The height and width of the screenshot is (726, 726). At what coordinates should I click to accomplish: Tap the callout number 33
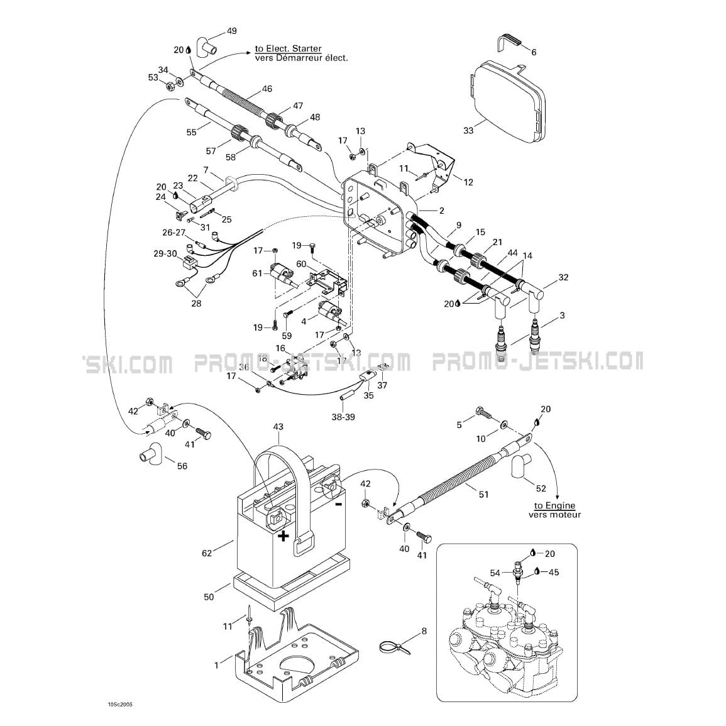pos(468,130)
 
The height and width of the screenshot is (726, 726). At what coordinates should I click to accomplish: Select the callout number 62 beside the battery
pos(207,554)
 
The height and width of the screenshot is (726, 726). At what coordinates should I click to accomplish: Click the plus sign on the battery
pos(284,536)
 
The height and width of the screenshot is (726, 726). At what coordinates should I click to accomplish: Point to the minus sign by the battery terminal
pos(338,503)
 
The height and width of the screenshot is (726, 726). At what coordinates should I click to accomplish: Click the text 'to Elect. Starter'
pos(289,48)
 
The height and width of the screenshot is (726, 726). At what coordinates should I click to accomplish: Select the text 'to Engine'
pos(554,505)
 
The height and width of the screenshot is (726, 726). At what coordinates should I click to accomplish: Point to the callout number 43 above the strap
pos(278,427)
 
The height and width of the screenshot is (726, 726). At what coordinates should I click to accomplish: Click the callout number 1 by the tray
pos(217,664)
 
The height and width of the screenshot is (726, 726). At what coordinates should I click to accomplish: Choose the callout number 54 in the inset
pos(495,573)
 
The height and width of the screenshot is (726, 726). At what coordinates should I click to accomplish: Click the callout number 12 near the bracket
pos(468,182)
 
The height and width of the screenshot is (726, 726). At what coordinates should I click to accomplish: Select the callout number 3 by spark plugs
pos(562,315)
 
